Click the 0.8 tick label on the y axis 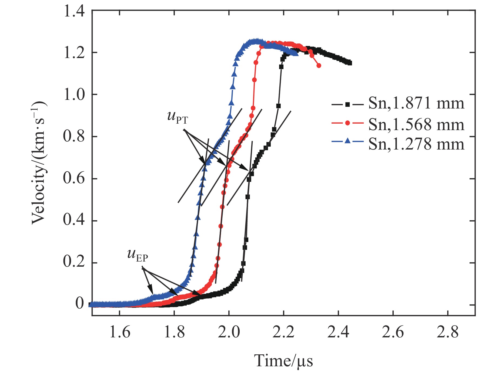point(74,136)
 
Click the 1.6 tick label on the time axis point(120,332)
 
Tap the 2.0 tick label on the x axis point(229,332)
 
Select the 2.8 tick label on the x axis point(448,332)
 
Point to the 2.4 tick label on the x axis point(338,332)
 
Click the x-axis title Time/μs point(283,361)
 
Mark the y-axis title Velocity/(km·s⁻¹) point(39,163)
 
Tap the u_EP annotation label point(138,255)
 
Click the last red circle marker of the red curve point(319,66)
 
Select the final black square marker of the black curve point(350,63)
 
